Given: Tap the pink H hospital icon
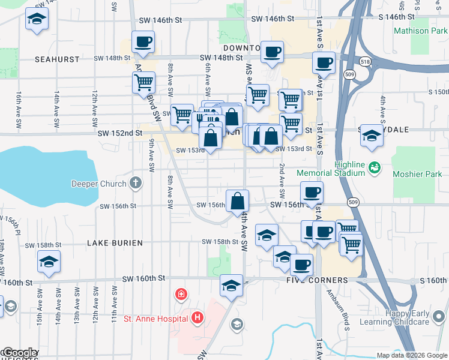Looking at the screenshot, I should (x=197, y=318).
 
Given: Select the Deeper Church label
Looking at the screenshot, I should (x=99, y=184).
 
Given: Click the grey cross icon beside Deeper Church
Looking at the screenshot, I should (x=136, y=183).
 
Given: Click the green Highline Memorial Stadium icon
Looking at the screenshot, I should (x=375, y=166).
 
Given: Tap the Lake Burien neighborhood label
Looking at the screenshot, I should (x=115, y=243).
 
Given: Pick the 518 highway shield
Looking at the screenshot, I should (x=364, y=61).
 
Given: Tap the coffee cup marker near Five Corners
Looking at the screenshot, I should (x=301, y=264).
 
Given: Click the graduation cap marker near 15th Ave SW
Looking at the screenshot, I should (x=49, y=261).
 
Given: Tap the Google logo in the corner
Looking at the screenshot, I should (x=19, y=353).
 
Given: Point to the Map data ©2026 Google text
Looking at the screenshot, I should (x=411, y=355).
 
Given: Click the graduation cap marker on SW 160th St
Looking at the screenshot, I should (x=231, y=285).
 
